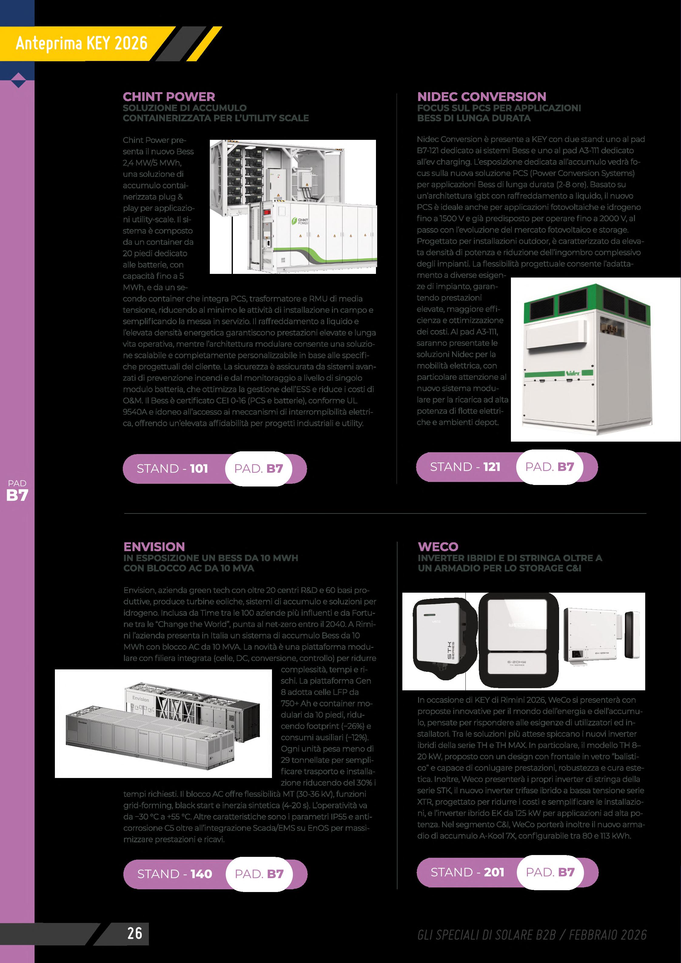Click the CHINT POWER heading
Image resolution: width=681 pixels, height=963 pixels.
pos(169,97)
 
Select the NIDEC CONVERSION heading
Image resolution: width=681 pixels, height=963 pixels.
pos(481,97)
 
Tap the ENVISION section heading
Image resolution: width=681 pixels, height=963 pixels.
pos(154,547)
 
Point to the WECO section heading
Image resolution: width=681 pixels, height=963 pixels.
pos(438,547)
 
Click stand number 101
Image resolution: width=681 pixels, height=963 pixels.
pos(199,469)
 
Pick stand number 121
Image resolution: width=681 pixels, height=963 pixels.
pos(491,467)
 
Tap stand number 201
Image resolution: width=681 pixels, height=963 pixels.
pos(494,872)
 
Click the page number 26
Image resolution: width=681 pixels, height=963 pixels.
pos(135,933)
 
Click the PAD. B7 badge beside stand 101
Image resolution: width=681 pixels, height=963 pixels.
pos(258,469)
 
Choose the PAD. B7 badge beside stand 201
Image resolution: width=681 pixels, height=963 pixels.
pos(550,872)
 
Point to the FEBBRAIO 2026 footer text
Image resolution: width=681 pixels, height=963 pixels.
pos(608,934)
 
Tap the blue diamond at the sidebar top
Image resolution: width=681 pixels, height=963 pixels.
pos(18,80)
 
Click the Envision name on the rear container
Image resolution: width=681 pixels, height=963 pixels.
pos(140,699)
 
